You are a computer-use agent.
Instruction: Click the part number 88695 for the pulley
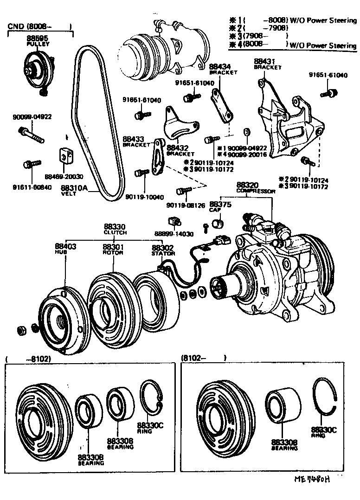[x=37, y=38]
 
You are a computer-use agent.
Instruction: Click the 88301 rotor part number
[x=112, y=247]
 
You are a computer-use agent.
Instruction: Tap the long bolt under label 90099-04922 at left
[x=31, y=135]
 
